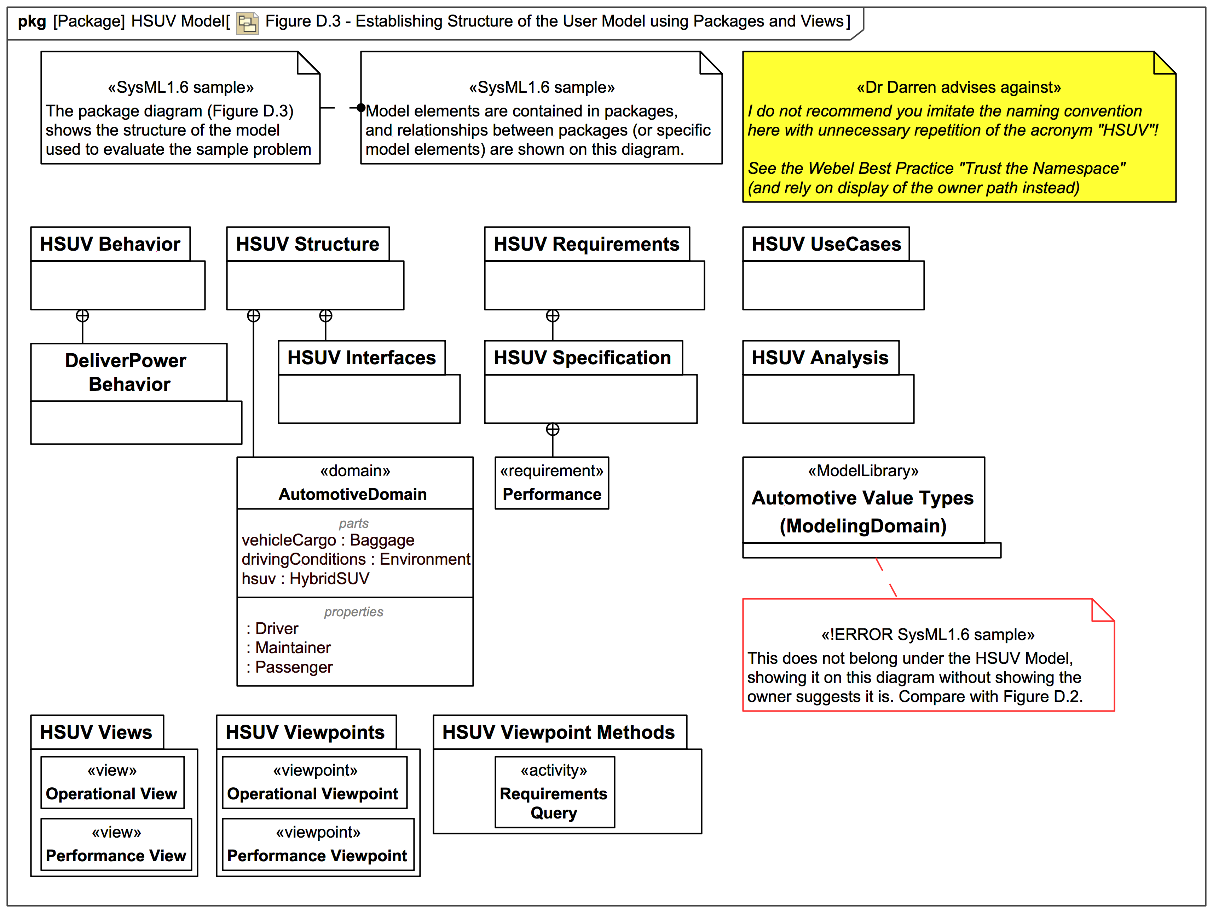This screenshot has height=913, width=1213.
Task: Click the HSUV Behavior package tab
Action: click(x=110, y=244)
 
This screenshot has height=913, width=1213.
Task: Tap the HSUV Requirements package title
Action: click(x=586, y=244)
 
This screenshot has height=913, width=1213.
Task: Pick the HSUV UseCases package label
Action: click(x=826, y=244)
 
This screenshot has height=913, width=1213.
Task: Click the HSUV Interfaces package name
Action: click(x=362, y=358)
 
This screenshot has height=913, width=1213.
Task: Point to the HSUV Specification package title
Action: click(x=582, y=358)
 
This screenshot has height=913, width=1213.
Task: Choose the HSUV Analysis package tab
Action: click(x=820, y=358)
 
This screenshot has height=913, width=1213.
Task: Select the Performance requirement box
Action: click(x=551, y=483)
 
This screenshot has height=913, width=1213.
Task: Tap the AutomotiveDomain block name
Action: click(x=353, y=494)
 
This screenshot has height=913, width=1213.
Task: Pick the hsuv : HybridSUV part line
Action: click(x=305, y=578)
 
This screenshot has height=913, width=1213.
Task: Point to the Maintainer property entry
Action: click(x=293, y=647)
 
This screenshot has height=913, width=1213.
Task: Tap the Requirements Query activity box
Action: click(x=554, y=792)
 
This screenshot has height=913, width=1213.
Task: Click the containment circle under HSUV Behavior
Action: click(x=82, y=316)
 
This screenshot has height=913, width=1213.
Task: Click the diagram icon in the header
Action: click(x=247, y=23)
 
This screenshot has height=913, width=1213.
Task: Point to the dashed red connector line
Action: click(x=886, y=577)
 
